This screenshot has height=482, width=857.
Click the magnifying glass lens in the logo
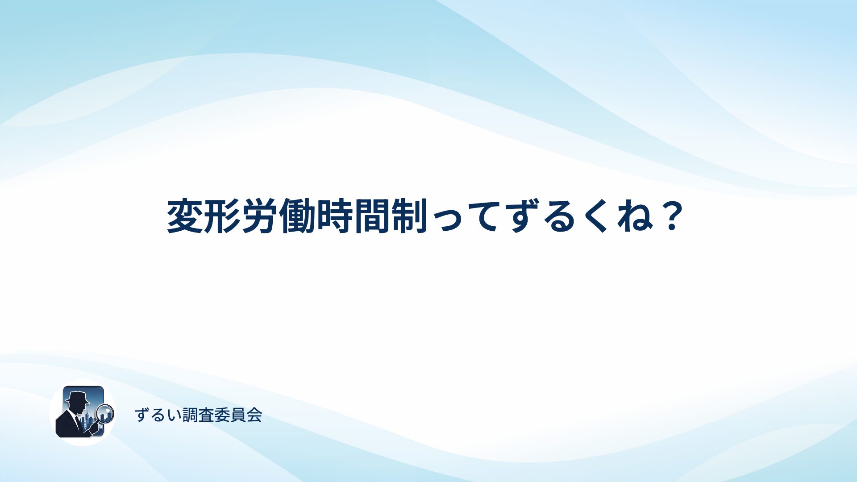click(x=105, y=413)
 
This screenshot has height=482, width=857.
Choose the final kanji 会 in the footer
click(x=254, y=415)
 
